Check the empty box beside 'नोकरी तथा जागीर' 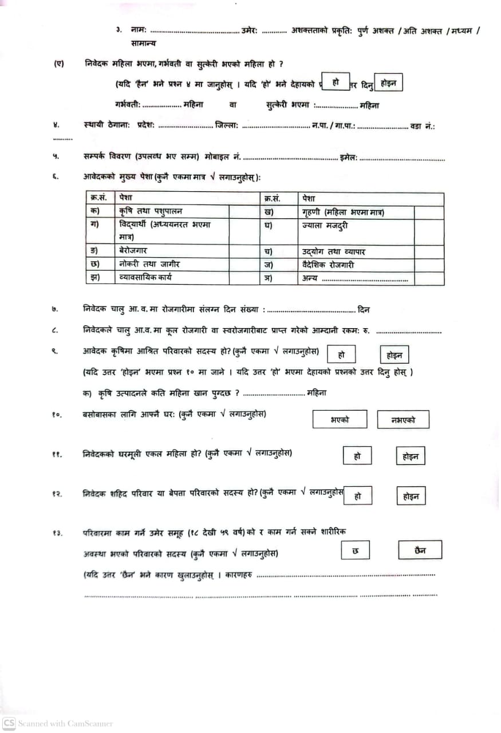(x=244, y=265)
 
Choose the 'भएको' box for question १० (x=340, y=420)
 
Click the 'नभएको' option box (x=403, y=420)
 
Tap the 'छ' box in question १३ (x=356, y=550)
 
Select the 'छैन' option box (x=420, y=550)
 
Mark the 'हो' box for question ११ (x=357, y=456)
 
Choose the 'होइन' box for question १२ (x=411, y=496)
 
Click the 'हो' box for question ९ (x=341, y=354)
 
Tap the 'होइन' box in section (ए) (x=388, y=83)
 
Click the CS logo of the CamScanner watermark (x=9, y=723)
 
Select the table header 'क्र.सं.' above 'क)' (x=98, y=198)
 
